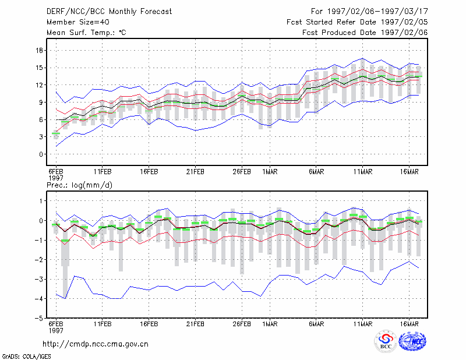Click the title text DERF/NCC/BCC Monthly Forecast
tap(109, 12)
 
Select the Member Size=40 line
tap(78, 22)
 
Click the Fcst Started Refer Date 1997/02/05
tap(357, 22)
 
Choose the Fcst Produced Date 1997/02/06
tap(365, 33)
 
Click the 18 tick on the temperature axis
tap(39, 51)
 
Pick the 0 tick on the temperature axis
tap(41, 154)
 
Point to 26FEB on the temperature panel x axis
tap(242, 172)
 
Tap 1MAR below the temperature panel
tap(270, 172)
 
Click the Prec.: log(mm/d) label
tap(79, 185)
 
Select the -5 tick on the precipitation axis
tap(39, 319)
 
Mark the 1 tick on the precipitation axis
tap(41, 201)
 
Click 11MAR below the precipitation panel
tap(362, 324)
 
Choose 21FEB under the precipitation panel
tap(195, 324)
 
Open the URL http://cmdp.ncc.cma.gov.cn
tap(96, 344)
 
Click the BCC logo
tap(386, 341)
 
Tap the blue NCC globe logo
tap(412, 341)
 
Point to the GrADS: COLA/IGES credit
tap(27, 357)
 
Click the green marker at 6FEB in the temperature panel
tap(56, 133)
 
